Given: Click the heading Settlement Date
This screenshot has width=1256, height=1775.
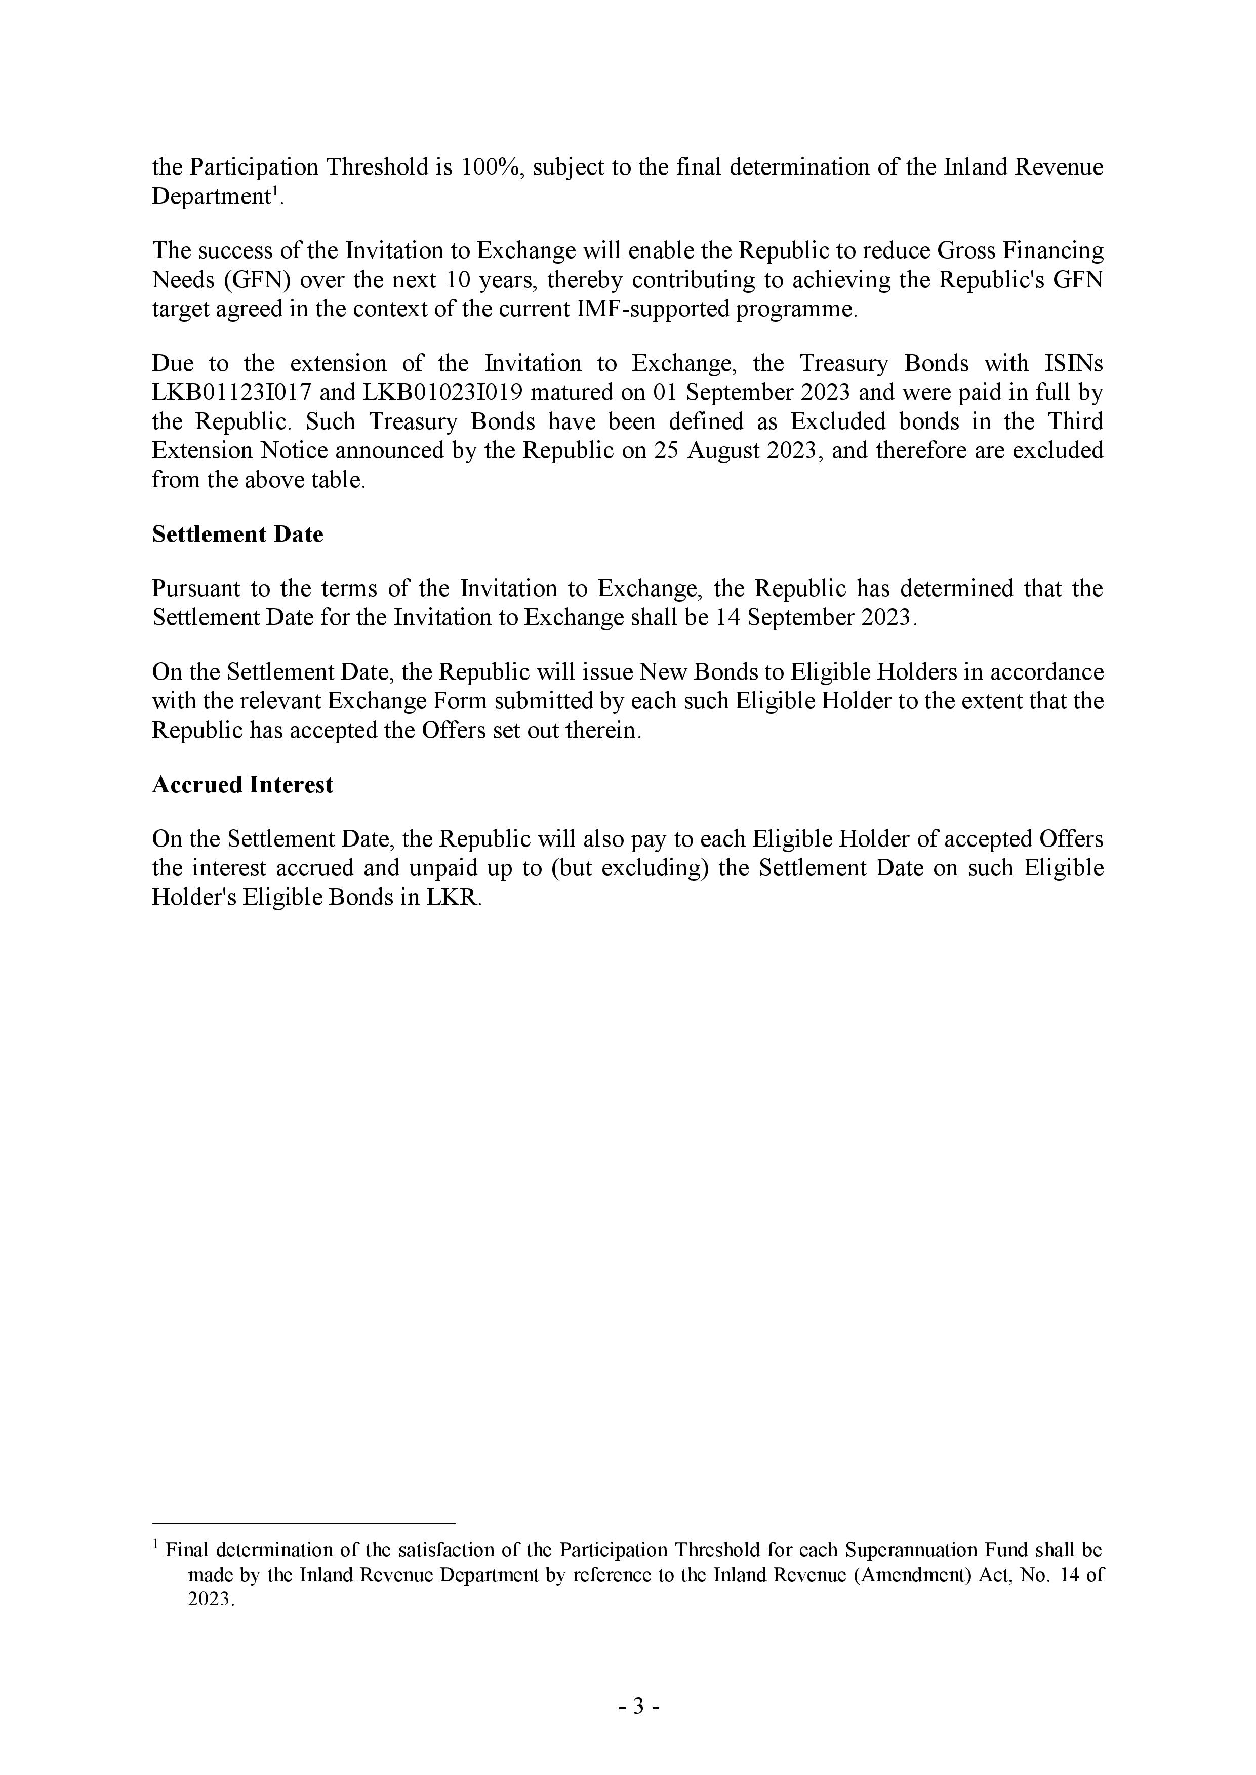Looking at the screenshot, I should coord(237,534).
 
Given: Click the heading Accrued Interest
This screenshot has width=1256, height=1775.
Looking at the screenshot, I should coord(242,785).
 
